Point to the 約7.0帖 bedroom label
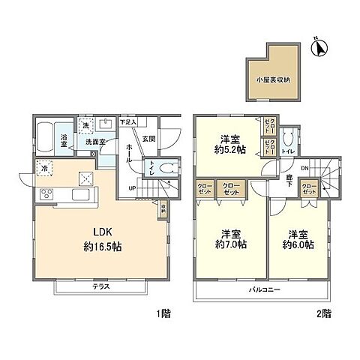pyautogui.click(x=229, y=239)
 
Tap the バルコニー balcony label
pyautogui.click(x=262, y=289)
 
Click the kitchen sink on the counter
pyautogui.click(x=80, y=196)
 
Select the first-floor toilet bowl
pyautogui.click(x=169, y=169)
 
